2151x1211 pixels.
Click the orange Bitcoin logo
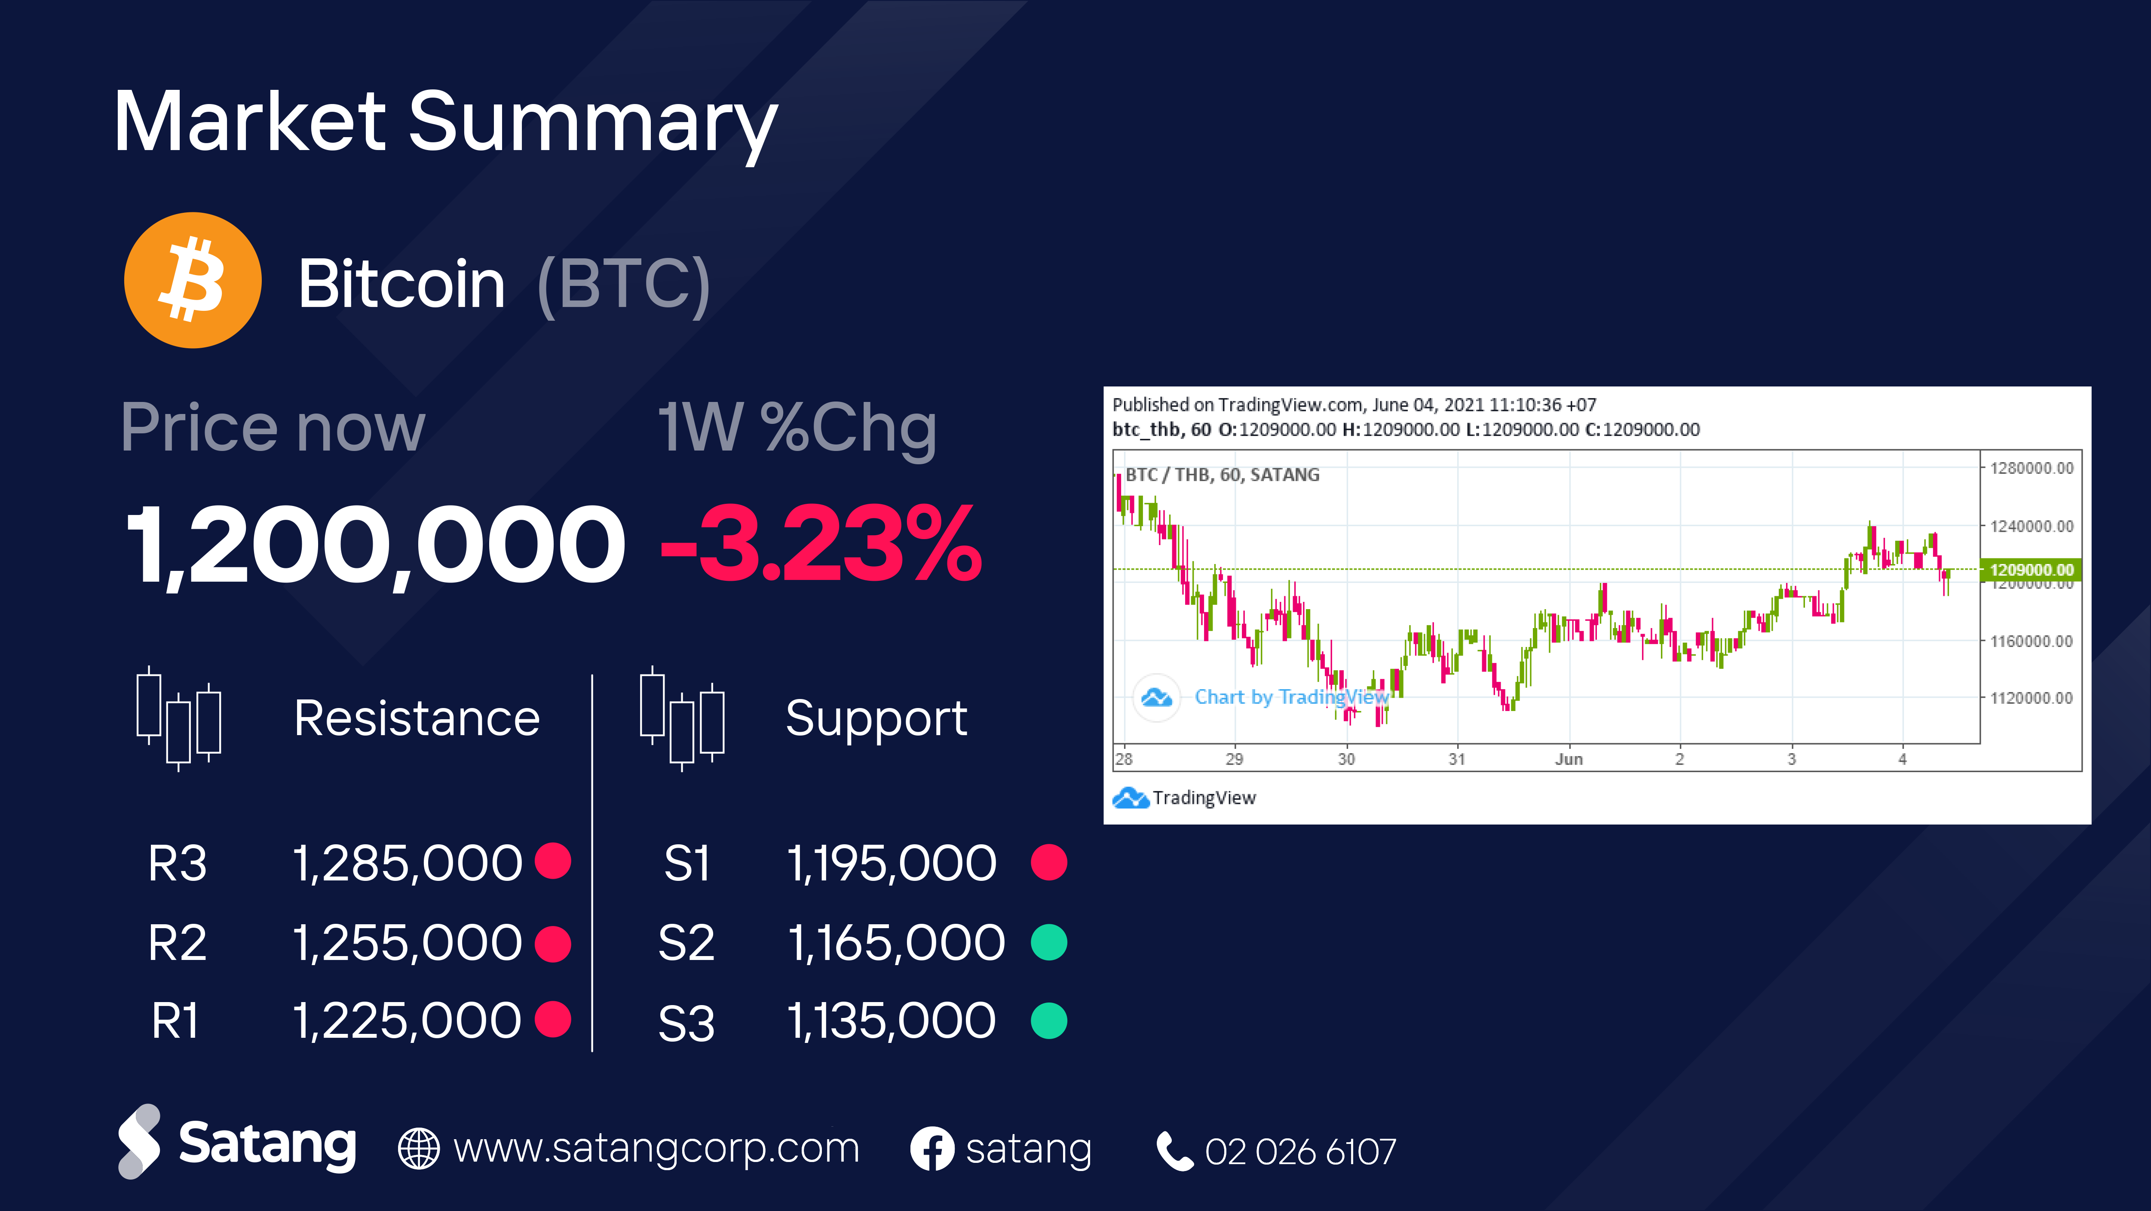point(193,280)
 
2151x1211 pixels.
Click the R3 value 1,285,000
point(408,863)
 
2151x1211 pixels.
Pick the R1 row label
point(175,1021)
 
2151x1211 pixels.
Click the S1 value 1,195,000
point(892,863)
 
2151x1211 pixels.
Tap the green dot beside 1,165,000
point(1049,942)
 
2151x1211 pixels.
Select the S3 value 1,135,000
point(892,1021)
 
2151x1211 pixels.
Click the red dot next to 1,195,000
point(1049,862)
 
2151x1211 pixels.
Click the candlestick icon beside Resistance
point(179,718)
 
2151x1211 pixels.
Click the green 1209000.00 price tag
point(2031,570)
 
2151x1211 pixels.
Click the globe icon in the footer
point(418,1149)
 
